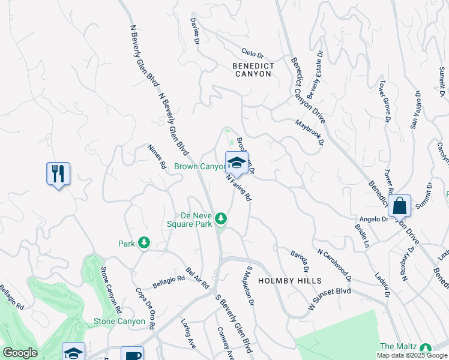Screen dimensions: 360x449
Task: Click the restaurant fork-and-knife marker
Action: pyautogui.click(x=58, y=174)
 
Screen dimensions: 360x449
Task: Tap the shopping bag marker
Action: pyautogui.click(x=399, y=206)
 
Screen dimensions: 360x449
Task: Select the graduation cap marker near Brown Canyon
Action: pyautogui.click(x=237, y=163)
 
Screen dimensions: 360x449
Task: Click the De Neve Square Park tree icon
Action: pyautogui.click(x=221, y=217)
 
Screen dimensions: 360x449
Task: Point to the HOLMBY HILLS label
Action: pyautogui.click(x=290, y=281)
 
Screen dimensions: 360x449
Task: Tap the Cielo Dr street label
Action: pyautogui.click(x=253, y=53)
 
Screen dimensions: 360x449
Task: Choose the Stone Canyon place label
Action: pyautogui.click(x=119, y=322)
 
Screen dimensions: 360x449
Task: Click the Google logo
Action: pyautogui.click(x=20, y=353)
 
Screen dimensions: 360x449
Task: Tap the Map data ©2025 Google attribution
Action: pyautogui.click(x=412, y=355)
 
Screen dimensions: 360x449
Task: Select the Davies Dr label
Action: pyautogui.click(x=194, y=31)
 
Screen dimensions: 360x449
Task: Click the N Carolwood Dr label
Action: pyautogui.click(x=334, y=266)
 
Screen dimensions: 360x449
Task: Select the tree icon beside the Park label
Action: pyautogui.click(x=143, y=242)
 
